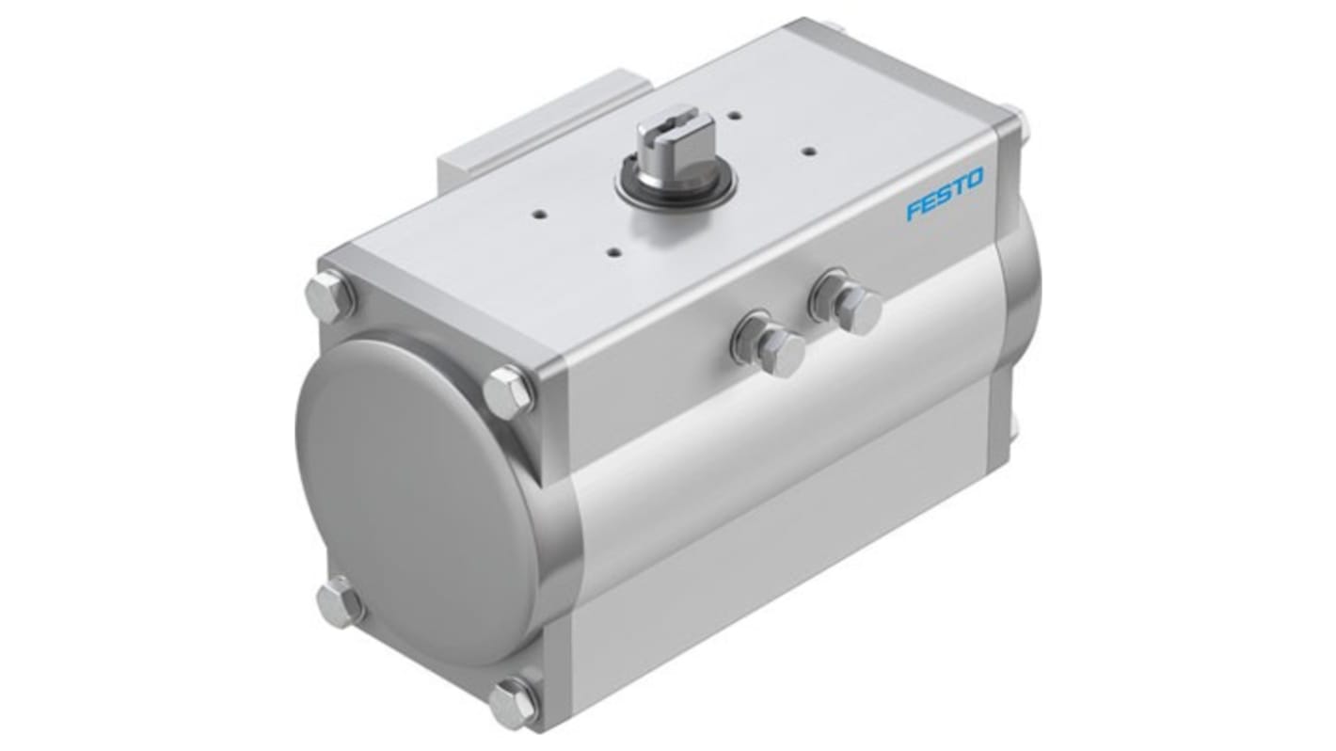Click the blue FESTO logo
945,193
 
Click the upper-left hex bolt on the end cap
330,296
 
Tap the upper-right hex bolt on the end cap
508,391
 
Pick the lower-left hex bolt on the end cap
340,602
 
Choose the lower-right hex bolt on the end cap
513,701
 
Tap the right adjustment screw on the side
857,309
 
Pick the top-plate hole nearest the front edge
613,252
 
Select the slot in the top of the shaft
670,121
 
